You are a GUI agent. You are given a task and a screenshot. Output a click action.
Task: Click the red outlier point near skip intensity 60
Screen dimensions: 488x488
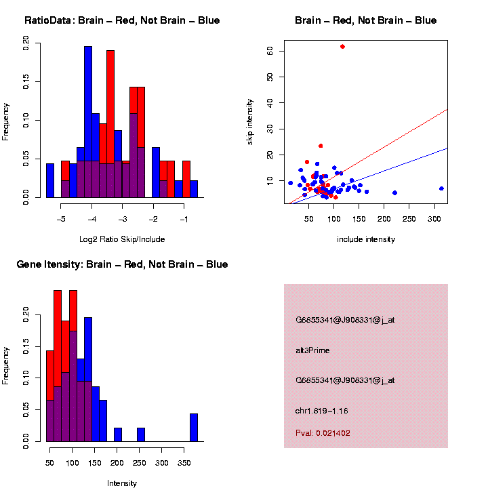[x=342, y=47]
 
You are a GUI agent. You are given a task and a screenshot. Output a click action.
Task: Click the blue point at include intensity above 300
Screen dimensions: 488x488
[x=441, y=188]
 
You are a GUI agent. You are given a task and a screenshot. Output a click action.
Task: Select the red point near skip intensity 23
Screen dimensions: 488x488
[x=321, y=146]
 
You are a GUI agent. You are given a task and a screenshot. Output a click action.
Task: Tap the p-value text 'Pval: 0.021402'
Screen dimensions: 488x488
[x=323, y=433]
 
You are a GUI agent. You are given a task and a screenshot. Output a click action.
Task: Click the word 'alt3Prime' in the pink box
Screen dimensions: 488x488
[x=312, y=350]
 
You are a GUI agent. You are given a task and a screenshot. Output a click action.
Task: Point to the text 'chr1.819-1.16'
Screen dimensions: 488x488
[x=322, y=411]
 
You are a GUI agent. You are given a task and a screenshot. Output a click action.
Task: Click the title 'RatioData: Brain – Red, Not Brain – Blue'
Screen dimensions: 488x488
[x=122, y=20]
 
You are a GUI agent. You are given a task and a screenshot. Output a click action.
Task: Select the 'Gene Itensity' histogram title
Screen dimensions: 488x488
[x=122, y=264]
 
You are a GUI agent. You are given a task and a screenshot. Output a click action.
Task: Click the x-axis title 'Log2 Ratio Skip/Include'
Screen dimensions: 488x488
[x=122, y=239]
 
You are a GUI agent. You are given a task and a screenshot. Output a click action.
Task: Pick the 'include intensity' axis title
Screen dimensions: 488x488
[x=366, y=239]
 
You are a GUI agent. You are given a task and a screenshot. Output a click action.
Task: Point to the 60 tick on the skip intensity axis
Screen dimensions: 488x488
[x=270, y=51]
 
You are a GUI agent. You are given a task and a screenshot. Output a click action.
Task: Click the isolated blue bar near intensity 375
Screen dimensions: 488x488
[x=194, y=428]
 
